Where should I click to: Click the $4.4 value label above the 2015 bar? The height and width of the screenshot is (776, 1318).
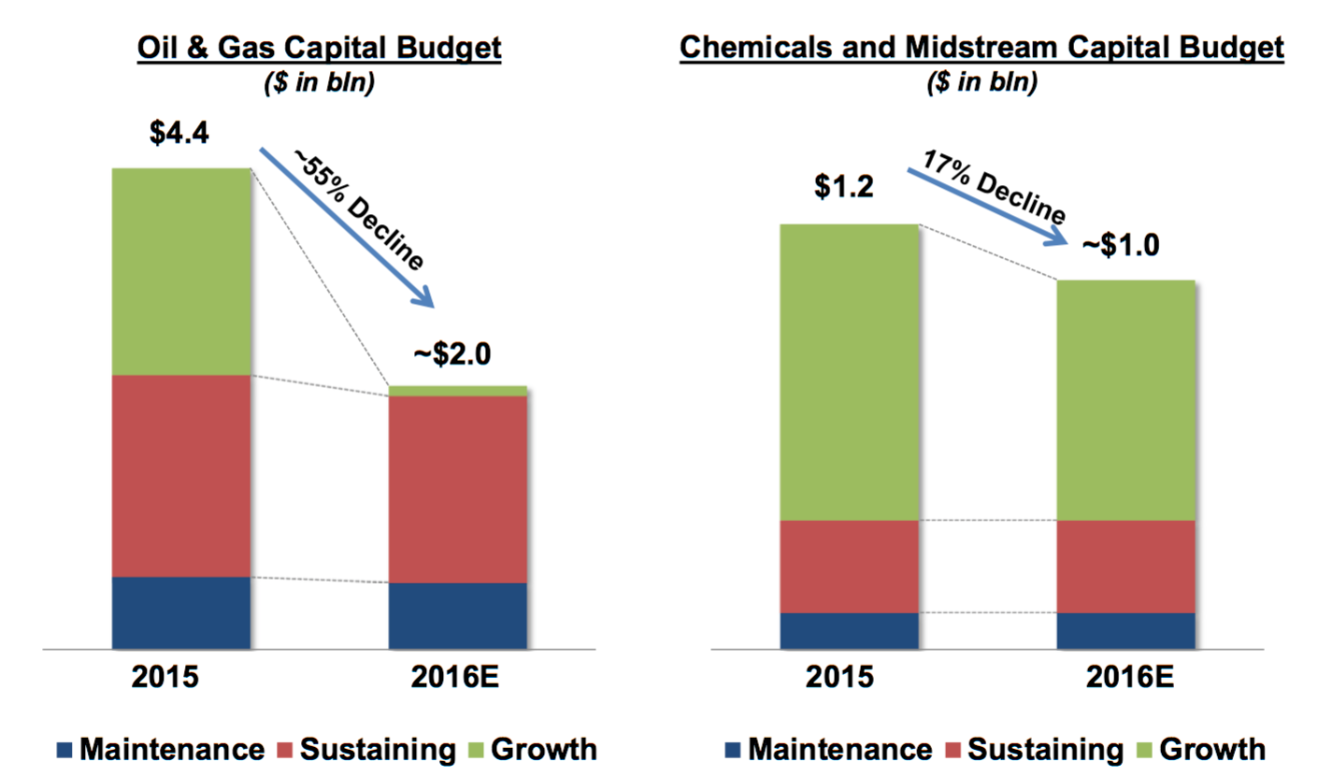(179, 132)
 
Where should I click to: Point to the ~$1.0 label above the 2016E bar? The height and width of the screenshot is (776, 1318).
(1120, 245)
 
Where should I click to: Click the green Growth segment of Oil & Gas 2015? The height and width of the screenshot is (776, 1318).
(180, 272)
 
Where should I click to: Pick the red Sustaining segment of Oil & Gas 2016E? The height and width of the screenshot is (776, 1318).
(458, 489)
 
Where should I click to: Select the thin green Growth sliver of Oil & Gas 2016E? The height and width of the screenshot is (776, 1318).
(458, 391)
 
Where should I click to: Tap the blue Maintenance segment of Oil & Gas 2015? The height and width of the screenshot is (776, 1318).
(180, 612)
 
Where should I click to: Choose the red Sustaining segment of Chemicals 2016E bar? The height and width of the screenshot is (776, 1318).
(1125, 567)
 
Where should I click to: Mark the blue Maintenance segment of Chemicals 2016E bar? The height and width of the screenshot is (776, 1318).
(1125, 630)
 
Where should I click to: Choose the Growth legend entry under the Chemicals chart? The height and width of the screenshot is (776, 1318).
(1212, 748)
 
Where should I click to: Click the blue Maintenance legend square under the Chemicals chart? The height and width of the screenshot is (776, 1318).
(733, 749)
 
